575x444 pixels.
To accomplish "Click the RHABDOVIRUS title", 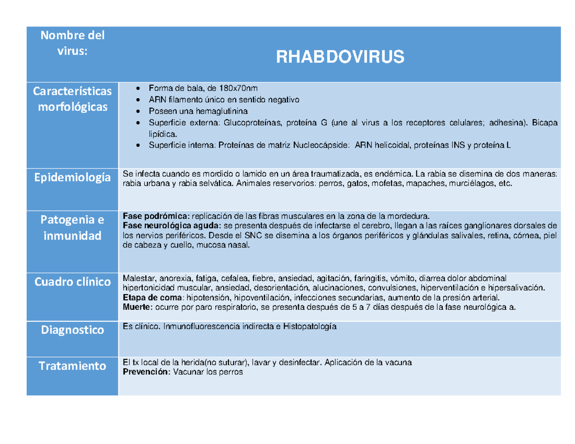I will [339, 57].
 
